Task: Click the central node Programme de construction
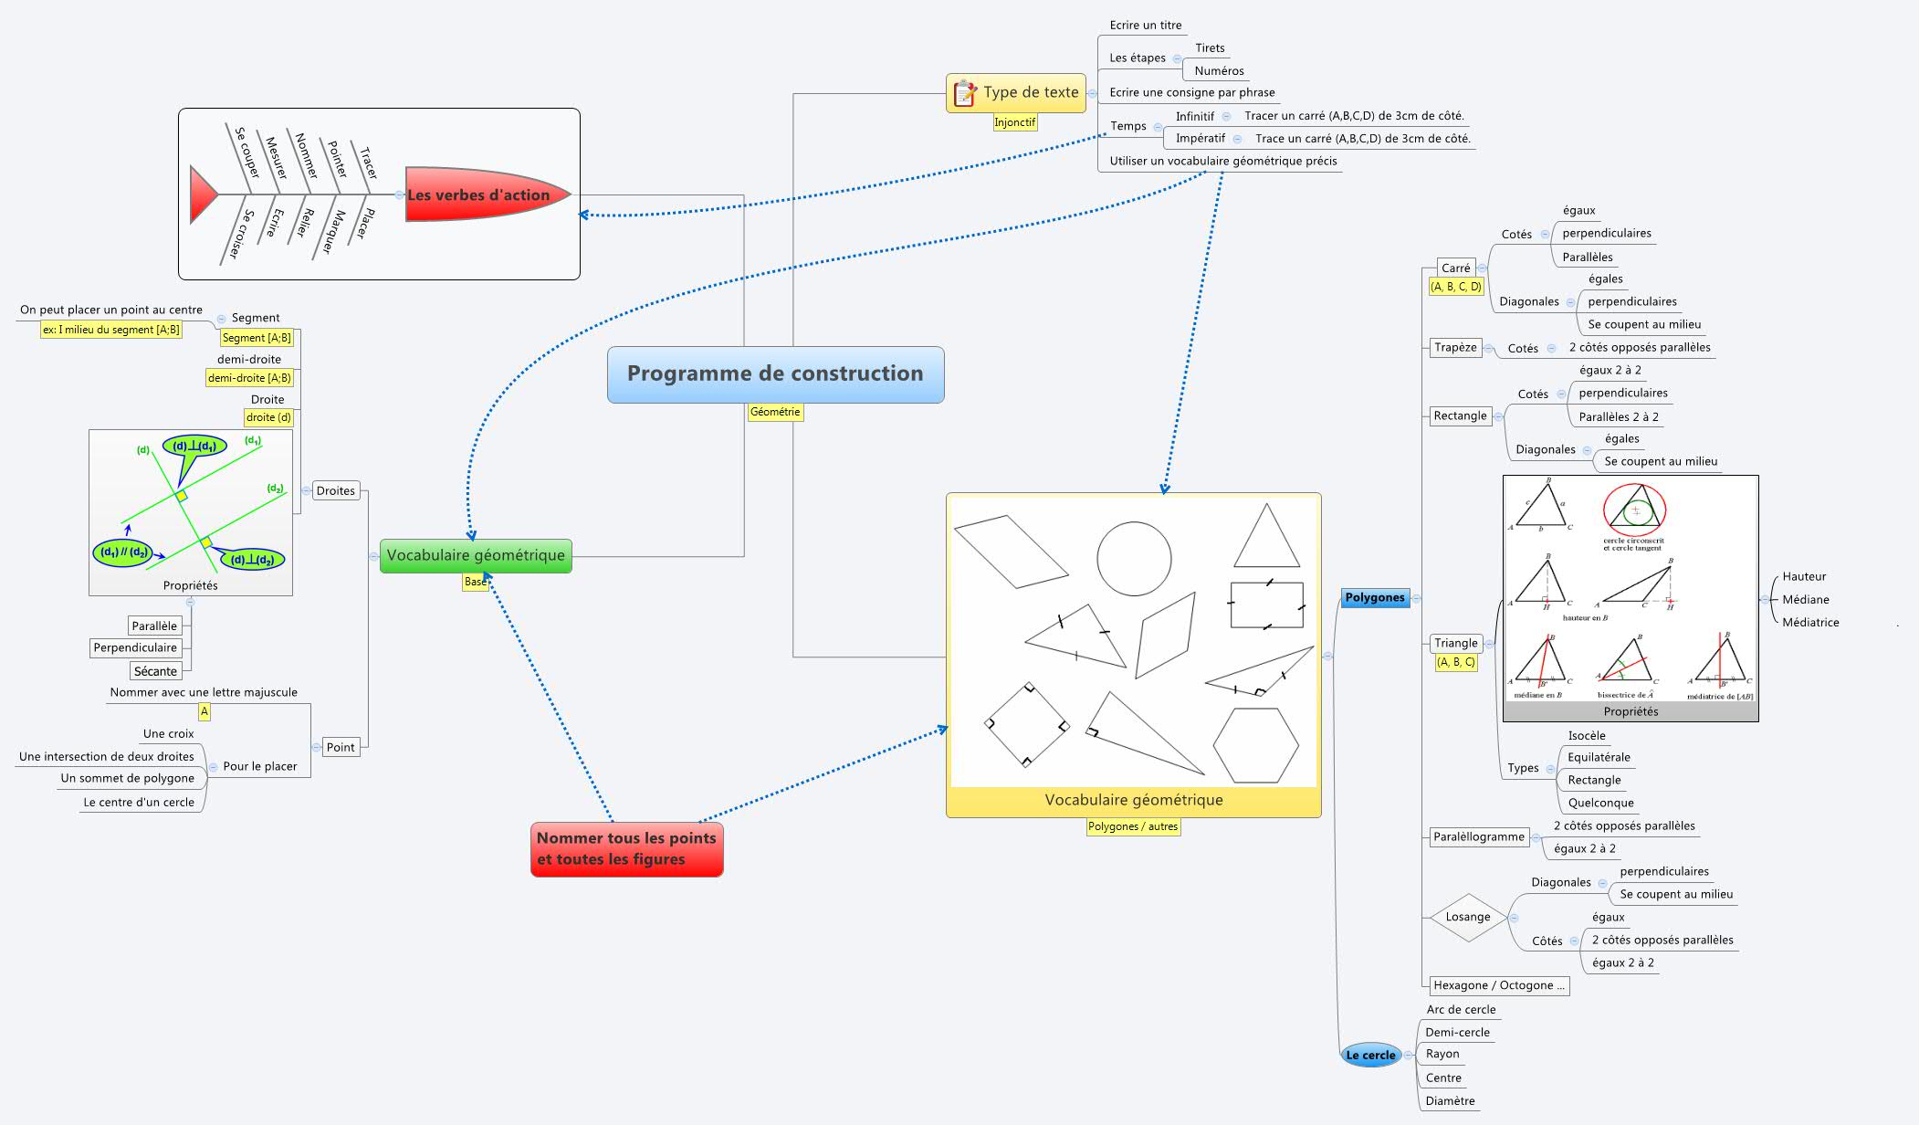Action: click(x=775, y=373)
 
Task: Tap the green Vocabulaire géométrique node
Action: click(x=476, y=555)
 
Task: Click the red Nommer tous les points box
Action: click(x=626, y=848)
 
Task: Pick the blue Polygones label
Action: click(x=1374, y=597)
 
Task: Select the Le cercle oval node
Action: click(x=1370, y=1055)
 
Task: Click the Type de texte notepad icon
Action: click(x=964, y=93)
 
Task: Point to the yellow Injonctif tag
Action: click(x=1014, y=122)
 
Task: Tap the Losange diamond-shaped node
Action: click(x=1467, y=917)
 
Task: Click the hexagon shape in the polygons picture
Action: click(x=1255, y=745)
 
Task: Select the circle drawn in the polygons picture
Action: click(x=1134, y=559)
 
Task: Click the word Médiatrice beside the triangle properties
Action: click(x=1809, y=622)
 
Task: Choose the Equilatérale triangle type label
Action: click(x=1598, y=757)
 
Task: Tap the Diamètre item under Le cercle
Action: click(x=1450, y=1100)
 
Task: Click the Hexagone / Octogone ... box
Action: click(x=1497, y=985)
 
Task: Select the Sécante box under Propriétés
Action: click(x=155, y=671)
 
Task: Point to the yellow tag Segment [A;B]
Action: click(x=257, y=338)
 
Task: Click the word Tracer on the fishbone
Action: click(x=368, y=163)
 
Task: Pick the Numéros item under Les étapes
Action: click(x=1219, y=70)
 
